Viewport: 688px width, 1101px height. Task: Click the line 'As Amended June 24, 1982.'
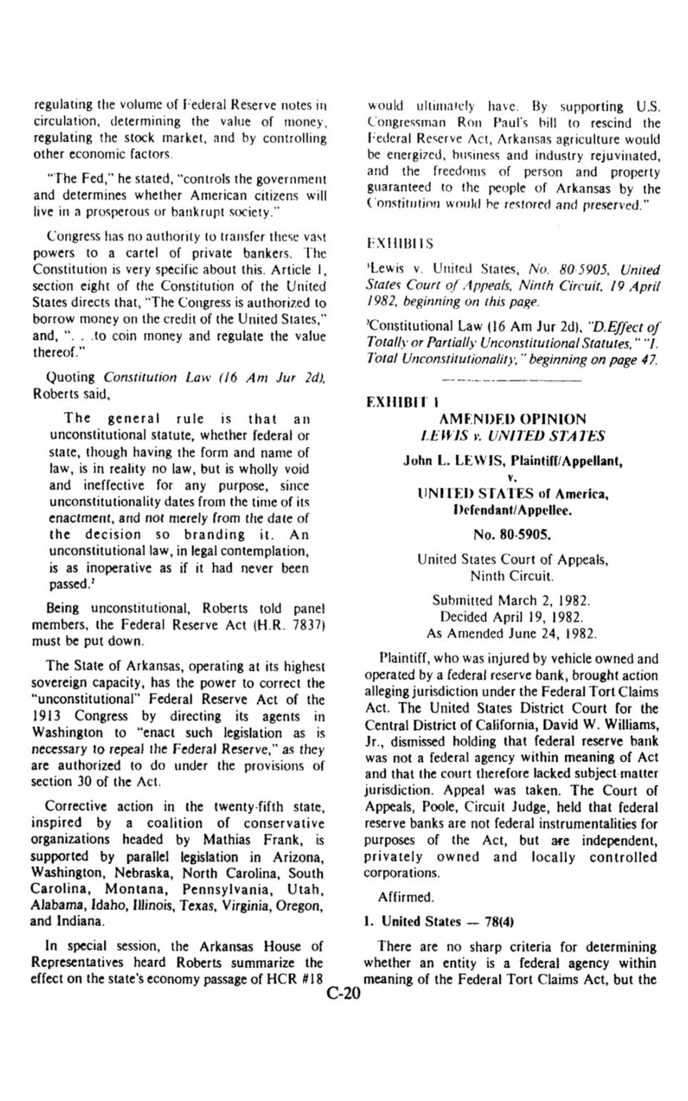(511, 634)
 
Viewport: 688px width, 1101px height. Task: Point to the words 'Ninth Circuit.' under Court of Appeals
(512, 576)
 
